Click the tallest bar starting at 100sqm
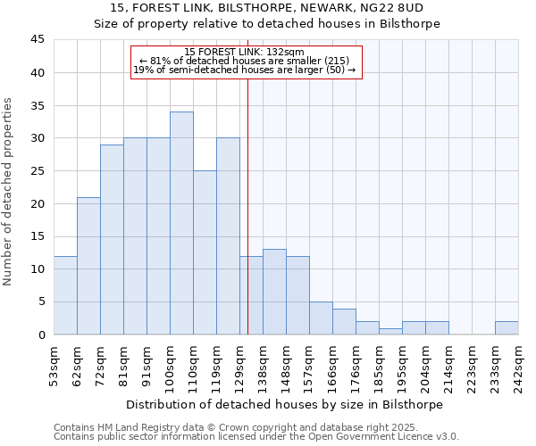181,223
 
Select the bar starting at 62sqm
88,266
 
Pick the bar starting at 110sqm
205,252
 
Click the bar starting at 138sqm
274,292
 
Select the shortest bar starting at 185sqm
390,331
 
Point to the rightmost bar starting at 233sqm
507,327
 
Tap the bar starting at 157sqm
321,318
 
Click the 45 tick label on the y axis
37,40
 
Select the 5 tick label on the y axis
40,301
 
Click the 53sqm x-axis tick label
54,365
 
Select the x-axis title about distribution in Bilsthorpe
286,404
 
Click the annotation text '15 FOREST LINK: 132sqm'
246,52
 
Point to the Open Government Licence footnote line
256,437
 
